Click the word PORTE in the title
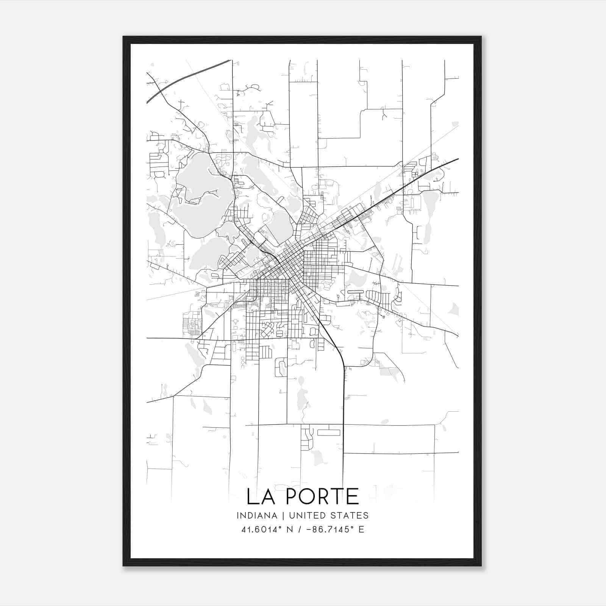point(322,497)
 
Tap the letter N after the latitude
point(290,529)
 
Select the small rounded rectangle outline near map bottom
point(328,433)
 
